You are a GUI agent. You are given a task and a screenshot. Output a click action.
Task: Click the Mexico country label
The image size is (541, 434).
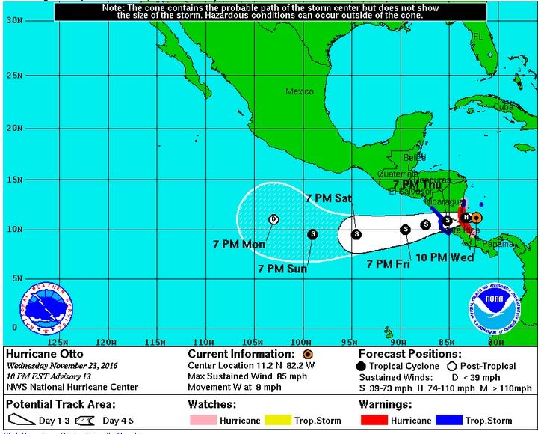(x=300, y=91)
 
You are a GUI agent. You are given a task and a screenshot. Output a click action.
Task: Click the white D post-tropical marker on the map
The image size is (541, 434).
(x=273, y=219)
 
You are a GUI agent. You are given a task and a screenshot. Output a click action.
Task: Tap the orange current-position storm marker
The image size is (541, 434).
(x=476, y=217)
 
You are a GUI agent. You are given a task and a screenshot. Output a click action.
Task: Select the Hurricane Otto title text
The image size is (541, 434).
(x=44, y=354)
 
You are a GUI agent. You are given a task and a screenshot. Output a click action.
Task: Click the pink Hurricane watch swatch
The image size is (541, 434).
(x=200, y=421)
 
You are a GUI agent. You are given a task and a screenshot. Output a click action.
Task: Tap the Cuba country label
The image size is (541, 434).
(x=505, y=107)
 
